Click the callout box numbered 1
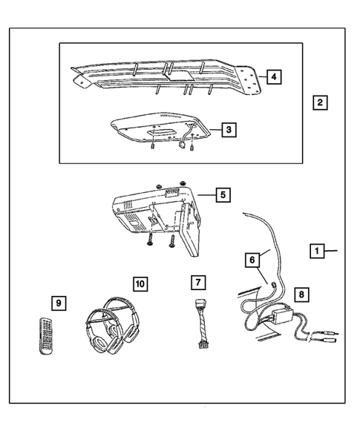(317, 252)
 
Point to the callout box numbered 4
(274, 76)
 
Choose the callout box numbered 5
(222, 195)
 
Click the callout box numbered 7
(197, 282)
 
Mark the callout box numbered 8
(300, 293)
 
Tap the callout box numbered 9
(58, 303)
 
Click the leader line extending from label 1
(333, 252)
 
